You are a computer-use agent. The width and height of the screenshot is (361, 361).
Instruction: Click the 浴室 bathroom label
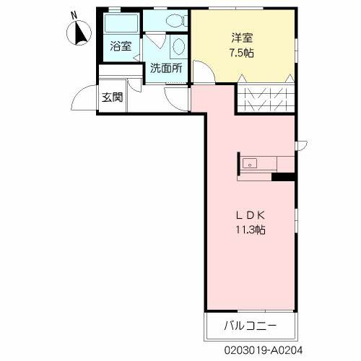(121, 46)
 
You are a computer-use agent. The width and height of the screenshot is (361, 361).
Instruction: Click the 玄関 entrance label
(111, 97)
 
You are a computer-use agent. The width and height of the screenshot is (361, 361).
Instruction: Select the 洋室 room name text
(242, 38)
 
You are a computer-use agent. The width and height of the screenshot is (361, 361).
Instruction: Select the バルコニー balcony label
(250, 327)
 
